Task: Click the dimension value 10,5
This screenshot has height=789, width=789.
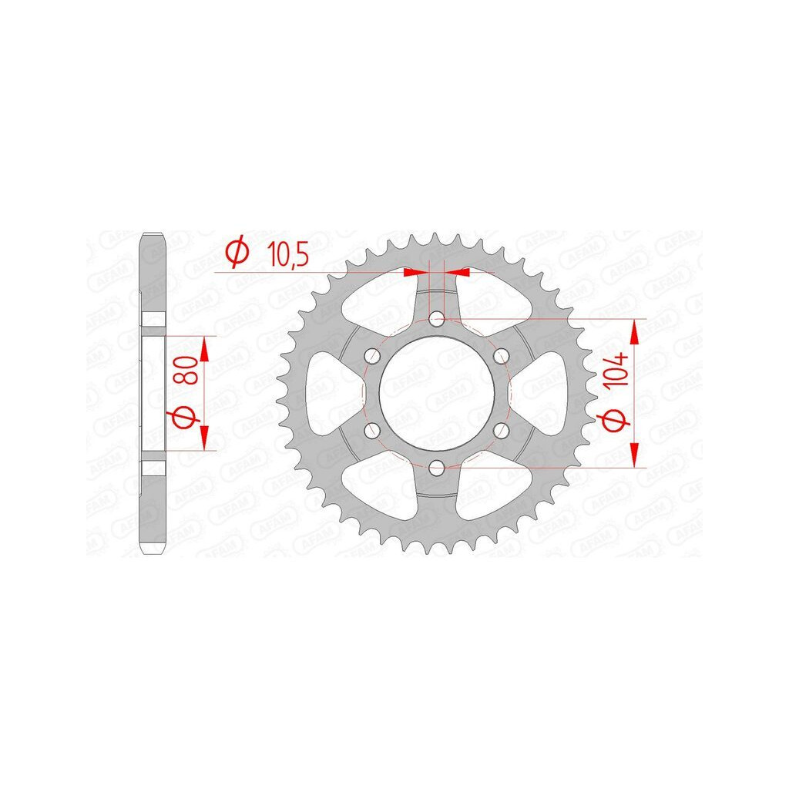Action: click(287, 255)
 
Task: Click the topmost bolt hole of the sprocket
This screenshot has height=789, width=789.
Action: click(437, 318)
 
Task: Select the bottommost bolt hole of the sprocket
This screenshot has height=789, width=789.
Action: click(437, 468)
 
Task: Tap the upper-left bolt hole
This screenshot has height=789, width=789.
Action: click(372, 356)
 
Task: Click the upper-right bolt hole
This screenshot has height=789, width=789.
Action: click(501, 356)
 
